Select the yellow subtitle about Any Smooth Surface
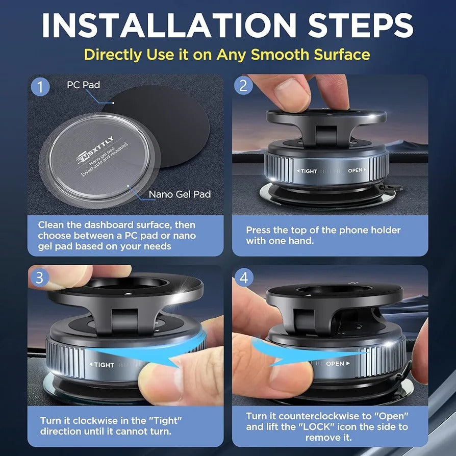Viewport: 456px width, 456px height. tap(227, 54)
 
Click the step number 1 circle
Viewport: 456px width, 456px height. tap(40, 86)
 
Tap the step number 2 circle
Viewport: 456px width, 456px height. tap(243, 86)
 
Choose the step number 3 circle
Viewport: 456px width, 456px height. tap(39, 278)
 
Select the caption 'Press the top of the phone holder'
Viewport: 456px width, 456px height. tap(323, 230)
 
